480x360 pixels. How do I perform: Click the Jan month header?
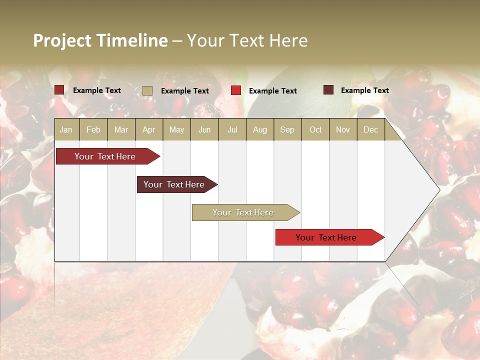(x=66, y=129)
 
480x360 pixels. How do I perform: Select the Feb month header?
(x=93, y=129)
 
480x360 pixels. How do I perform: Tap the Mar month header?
(x=121, y=129)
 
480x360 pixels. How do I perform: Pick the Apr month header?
(x=149, y=129)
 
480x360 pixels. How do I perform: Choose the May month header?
(x=176, y=129)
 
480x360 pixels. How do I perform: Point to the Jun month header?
(x=204, y=129)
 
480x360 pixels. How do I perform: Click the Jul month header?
(x=232, y=129)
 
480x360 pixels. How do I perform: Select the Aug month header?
(x=260, y=129)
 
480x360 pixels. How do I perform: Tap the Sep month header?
(x=287, y=129)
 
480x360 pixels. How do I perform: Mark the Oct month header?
(x=315, y=129)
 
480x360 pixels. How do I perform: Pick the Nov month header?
(x=343, y=129)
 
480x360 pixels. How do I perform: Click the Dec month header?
(x=371, y=129)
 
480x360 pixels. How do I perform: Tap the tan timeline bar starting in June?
(x=243, y=212)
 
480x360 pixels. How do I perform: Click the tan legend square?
(x=147, y=90)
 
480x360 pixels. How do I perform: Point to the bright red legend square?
(x=236, y=90)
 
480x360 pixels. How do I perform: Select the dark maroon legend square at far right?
(x=328, y=90)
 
